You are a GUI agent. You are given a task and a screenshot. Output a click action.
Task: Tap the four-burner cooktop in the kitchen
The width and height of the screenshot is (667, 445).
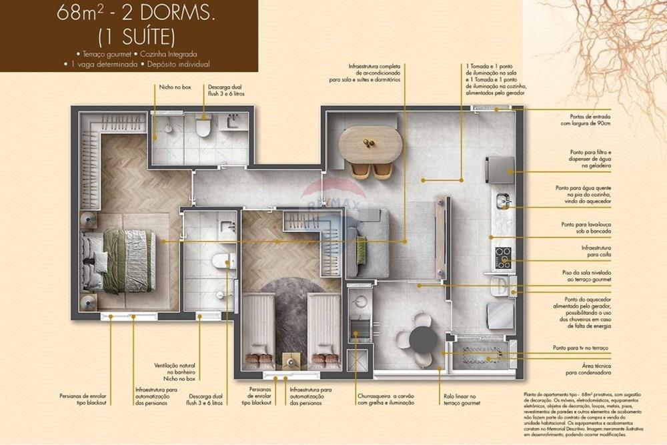tap(503, 258)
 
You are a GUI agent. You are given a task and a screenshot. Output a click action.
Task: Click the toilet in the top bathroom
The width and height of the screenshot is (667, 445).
tap(204, 126)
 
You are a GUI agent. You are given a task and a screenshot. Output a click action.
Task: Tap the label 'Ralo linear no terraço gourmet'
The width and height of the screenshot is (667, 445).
tap(461, 399)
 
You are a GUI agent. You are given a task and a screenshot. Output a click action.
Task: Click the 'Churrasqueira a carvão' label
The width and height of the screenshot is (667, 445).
tap(385, 399)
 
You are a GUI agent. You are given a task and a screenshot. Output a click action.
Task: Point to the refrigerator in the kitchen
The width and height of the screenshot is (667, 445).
tap(500, 169)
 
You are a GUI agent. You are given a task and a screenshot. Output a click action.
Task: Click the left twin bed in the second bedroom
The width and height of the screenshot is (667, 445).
tap(257, 330)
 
